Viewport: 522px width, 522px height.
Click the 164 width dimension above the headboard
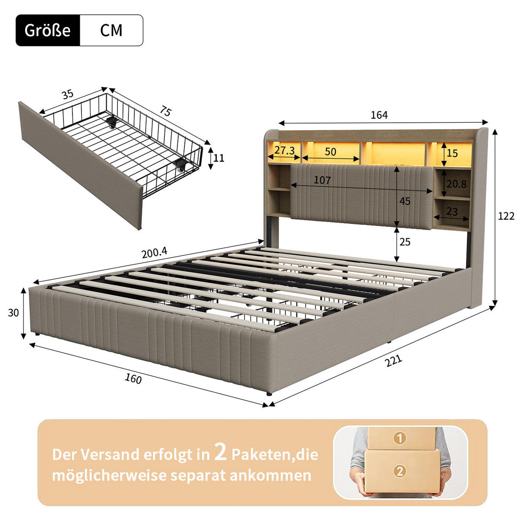tap(379, 115)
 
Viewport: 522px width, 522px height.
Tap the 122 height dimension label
tap(506, 216)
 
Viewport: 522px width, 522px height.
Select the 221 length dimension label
tap(393, 361)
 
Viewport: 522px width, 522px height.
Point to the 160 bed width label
tap(133, 379)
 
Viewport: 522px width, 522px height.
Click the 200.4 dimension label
tap(154, 253)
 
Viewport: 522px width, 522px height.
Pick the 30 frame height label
tap(13, 312)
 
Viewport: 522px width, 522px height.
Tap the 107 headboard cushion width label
tap(322, 180)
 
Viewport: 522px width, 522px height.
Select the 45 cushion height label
tap(405, 201)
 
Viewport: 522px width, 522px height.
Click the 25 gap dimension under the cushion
tap(405, 242)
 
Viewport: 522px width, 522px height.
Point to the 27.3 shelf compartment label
tap(284, 151)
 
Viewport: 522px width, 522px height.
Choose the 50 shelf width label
tap(330, 151)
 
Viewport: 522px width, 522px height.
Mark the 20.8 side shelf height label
tap(456, 184)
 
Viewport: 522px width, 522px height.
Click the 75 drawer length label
tap(165, 111)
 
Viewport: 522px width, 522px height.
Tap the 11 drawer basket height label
tap(219, 157)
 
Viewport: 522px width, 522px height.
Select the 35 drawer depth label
tap(67, 94)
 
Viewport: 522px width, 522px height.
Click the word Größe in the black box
tap(47, 30)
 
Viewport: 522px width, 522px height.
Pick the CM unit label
tap(111, 30)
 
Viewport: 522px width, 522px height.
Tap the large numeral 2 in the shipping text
tap(221, 452)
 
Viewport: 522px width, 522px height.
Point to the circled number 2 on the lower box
tap(400, 471)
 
